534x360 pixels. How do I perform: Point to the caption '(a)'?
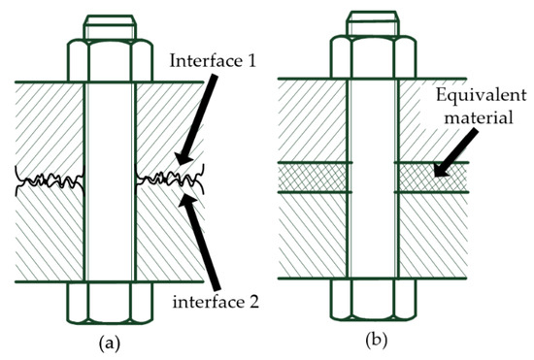coord(109,341)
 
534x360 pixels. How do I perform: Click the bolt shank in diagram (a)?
coord(109,175)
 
